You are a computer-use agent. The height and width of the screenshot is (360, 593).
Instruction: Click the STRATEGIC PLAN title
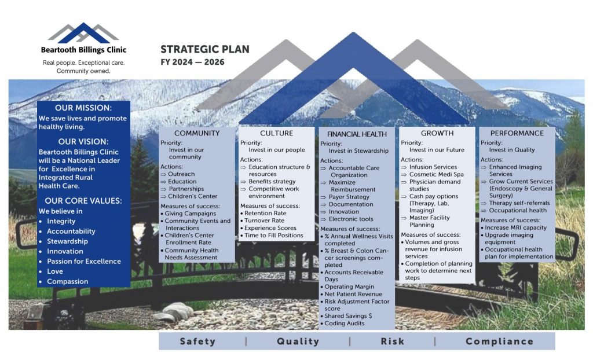(x=204, y=49)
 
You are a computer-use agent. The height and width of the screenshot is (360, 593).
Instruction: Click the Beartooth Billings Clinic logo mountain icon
(x=83, y=33)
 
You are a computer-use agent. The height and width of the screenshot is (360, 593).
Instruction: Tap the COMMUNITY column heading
(x=197, y=133)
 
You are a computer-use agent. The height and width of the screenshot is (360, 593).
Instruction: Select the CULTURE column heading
(x=276, y=133)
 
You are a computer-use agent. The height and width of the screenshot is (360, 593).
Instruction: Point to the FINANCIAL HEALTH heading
(x=357, y=134)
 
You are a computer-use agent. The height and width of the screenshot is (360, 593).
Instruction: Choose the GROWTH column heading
(x=437, y=133)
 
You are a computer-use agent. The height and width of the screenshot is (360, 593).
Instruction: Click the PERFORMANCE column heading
(x=517, y=133)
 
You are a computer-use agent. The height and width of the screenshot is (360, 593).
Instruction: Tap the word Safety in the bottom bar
(x=197, y=341)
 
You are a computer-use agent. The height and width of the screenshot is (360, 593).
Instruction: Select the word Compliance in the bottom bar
(x=499, y=341)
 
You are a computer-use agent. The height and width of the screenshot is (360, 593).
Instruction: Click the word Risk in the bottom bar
(x=392, y=341)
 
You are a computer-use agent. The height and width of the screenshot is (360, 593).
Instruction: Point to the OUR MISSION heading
(x=83, y=108)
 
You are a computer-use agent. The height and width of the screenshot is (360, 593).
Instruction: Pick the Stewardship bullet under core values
(x=67, y=241)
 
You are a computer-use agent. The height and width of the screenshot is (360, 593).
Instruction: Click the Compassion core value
(x=67, y=281)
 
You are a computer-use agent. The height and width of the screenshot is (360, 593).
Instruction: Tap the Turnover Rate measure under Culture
(x=264, y=221)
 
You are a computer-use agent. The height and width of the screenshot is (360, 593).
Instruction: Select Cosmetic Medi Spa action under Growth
(x=436, y=174)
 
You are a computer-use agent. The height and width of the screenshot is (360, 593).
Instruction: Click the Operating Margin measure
(x=349, y=286)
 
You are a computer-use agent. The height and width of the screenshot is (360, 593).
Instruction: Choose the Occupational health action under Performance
(x=518, y=210)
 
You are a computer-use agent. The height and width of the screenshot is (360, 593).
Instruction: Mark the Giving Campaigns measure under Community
(x=190, y=213)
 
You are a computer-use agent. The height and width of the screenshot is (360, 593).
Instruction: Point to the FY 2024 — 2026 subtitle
(x=192, y=62)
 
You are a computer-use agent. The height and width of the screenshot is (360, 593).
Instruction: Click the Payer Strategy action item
(x=349, y=197)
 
